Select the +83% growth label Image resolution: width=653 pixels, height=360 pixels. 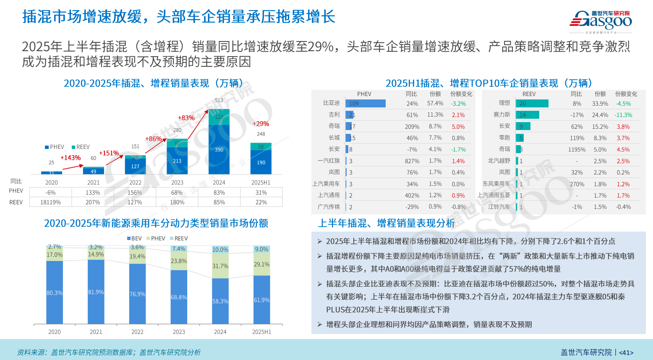pos(186,118)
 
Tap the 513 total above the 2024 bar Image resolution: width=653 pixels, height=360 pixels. pos(219,100)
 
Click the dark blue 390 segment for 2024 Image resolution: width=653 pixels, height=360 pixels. pos(219,149)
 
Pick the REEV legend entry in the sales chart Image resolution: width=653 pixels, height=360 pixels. pos(81,147)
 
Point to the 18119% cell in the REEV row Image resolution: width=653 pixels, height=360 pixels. pos(50,202)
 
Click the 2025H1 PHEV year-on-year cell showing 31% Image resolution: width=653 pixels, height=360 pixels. pos(261,193)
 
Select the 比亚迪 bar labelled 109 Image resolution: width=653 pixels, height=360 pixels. pos(365,103)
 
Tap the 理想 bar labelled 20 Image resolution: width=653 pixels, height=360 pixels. pos(532,103)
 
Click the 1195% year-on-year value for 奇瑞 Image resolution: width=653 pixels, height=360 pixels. pos(577,149)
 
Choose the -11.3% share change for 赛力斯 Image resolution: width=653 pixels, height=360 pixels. pos(623,115)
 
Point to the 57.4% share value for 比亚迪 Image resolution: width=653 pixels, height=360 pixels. pos(435,103)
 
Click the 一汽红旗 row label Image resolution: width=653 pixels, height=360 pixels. pos(329,161)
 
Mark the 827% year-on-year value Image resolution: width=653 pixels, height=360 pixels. pos(412,161)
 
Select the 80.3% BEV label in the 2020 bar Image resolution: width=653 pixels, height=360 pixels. pos(55,293)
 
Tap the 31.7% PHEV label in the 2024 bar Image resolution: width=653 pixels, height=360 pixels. pos(220,266)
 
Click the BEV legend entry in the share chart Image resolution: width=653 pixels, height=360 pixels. pos(134,238)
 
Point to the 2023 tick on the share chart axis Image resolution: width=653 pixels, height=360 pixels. pos(179,332)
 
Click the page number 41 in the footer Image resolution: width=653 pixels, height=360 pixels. pos(626,352)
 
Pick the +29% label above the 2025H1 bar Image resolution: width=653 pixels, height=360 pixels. pos(261,124)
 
